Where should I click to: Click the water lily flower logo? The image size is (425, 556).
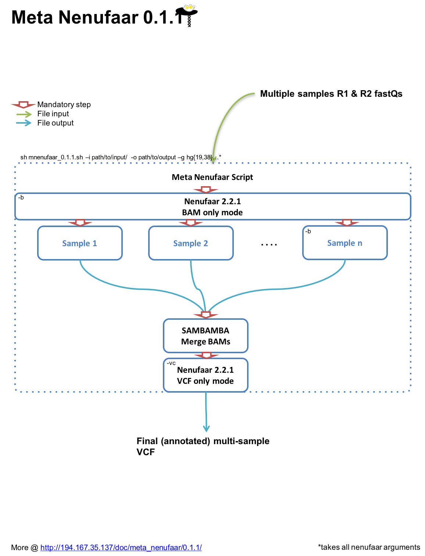coord(189,8)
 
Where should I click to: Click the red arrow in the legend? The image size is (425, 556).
coord(24,105)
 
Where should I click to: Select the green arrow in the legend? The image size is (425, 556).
coord(24,114)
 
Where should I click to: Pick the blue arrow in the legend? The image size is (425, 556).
coord(24,123)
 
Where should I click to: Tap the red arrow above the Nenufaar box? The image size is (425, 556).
coord(206,190)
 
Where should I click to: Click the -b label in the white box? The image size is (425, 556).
coord(21,198)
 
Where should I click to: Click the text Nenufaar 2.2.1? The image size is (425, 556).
coord(213,201)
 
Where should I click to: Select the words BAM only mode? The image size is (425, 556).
coord(213,212)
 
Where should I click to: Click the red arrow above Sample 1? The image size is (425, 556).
coord(80,223)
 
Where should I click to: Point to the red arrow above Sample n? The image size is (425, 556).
coord(347,223)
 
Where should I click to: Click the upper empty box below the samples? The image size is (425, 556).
coord(206,336)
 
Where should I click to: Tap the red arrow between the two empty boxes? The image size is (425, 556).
coord(206,355)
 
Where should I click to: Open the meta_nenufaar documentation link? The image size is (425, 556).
coord(121,548)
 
